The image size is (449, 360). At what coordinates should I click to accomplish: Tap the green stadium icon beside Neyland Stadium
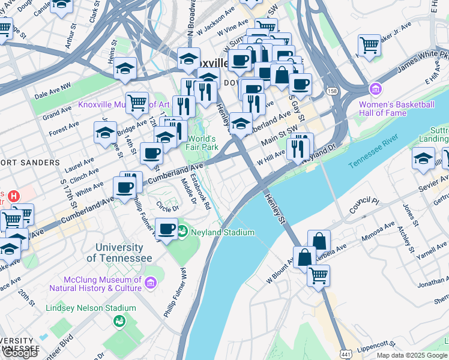coord(182,232)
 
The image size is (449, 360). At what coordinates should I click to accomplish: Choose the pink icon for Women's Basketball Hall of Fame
coord(376,90)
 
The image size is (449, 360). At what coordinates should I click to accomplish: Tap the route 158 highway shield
coord(331,91)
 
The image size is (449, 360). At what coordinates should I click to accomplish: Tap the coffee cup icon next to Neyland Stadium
coord(166,228)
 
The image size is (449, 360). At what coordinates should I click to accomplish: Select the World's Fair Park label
coord(201,143)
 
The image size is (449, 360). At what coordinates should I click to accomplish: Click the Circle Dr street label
coord(167,208)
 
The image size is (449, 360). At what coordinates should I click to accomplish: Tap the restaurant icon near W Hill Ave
coord(298,147)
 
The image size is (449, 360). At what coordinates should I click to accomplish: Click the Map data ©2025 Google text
coord(412,355)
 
